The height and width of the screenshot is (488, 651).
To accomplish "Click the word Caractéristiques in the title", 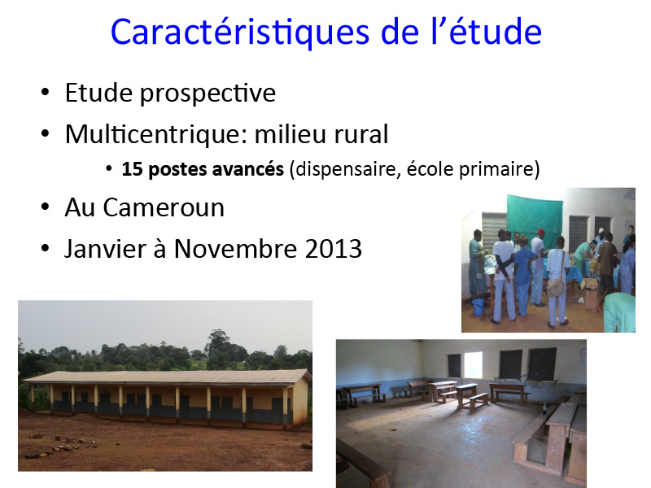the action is coord(240,33).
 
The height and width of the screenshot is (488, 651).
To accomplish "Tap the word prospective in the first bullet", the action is coord(208,94).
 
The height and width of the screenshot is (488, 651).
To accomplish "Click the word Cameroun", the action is coord(164,207).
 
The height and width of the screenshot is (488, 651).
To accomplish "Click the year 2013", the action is coord(333,249).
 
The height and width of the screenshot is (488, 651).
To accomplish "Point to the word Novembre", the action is coord(235,249).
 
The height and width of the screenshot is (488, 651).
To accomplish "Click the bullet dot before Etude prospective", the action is coord(45,92).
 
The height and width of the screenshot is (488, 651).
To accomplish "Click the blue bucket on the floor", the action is coord(478,307).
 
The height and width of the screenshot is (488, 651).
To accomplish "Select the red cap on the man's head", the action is coord(541,232).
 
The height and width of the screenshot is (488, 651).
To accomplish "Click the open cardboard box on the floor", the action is coord(591,293).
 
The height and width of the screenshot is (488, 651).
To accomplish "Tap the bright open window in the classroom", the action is coord(473,364).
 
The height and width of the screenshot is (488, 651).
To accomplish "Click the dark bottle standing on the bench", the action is coord(544,410).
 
